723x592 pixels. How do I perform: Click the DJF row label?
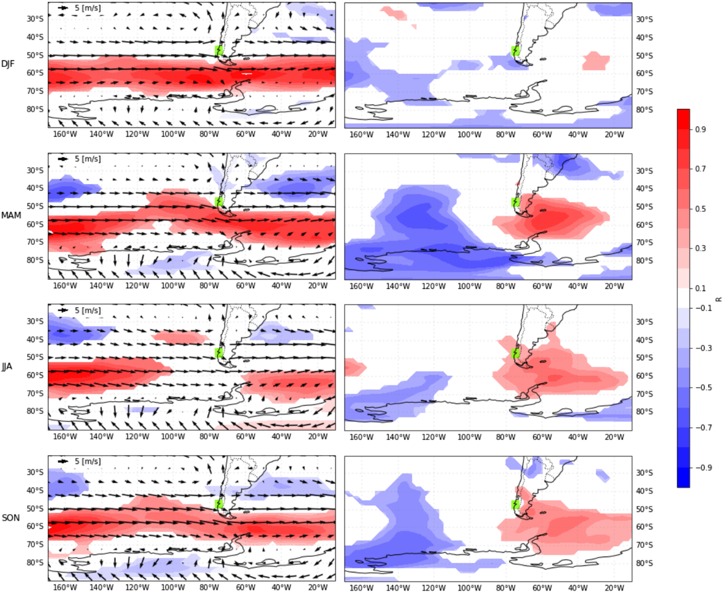pos(8,64)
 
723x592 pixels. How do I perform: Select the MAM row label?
pos(11,215)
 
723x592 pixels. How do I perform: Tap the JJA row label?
pos(7,366)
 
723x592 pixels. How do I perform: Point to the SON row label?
pos(11,518)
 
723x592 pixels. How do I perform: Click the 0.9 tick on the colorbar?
pos(700,129)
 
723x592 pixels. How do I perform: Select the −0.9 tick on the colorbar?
pos(702,468)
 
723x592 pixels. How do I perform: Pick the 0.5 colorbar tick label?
pos(700,209)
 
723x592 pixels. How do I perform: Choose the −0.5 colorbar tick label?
pos(702,387)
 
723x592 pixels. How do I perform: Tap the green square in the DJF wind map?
pos(219,50)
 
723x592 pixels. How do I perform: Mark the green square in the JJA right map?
pos(515,353)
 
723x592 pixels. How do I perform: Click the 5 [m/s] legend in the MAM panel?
pos(87,159)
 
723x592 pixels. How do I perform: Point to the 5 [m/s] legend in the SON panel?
pos(87,461)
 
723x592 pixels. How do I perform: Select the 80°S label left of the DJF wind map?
pos(35,109)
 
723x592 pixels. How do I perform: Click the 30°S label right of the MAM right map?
pos(644,171)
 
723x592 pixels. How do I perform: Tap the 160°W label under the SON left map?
pos(65,587)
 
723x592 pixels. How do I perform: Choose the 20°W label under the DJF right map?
pos(614,134)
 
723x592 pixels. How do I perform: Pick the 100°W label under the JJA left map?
pos(173,437)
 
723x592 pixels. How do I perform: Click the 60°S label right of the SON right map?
pos(644,526)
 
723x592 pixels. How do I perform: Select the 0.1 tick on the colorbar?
pos(700,288)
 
